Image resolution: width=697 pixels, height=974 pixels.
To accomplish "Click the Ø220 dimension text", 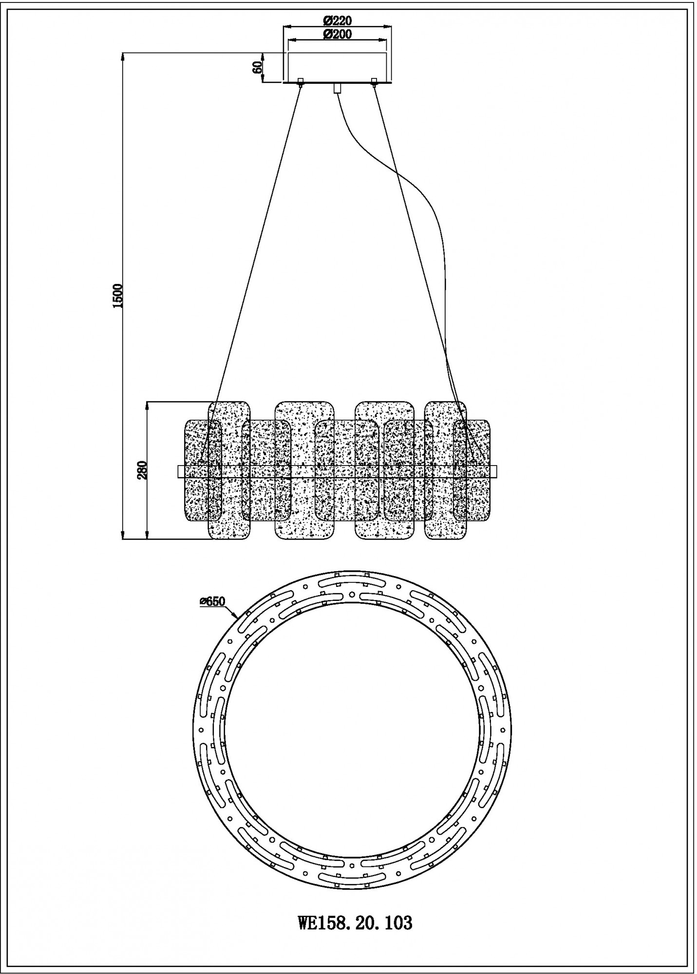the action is click(337, 20).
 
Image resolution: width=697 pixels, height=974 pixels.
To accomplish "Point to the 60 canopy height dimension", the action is click(258, 66).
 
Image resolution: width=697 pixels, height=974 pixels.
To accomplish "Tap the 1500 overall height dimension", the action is click(117, 296).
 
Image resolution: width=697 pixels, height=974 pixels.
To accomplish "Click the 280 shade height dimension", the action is click(142, 470).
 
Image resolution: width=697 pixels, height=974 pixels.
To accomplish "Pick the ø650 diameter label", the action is click(212, 601).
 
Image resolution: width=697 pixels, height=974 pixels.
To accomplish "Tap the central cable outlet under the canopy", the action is click(337, 89).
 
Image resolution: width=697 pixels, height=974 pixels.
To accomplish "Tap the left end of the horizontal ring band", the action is click(178, 471).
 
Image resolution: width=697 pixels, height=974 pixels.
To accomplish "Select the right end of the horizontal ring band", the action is click(497, 471).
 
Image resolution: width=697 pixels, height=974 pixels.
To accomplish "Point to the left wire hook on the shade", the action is click(201, 461).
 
